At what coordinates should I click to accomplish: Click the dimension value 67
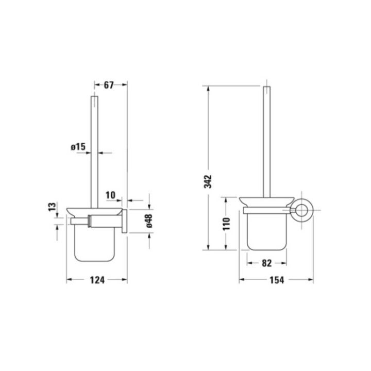click(109, 86)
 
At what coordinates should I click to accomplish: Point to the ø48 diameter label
click(148, 222)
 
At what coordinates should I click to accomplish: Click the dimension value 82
click(266, 263)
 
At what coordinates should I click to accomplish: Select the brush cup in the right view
click(266, 232)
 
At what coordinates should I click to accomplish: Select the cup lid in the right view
click(266, 201)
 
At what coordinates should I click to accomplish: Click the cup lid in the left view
click(96, 210)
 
